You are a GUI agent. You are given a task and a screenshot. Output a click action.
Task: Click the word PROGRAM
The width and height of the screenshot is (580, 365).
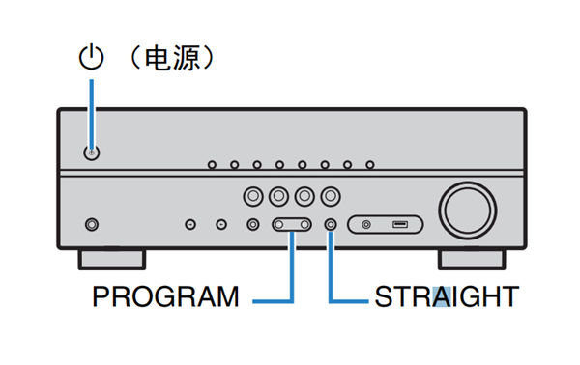[x=165, y=296]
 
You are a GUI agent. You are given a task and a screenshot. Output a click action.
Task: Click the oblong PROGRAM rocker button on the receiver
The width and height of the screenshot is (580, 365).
[x=291, y=225]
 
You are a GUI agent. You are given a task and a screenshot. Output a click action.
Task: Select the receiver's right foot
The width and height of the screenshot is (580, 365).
[x=471, y=258]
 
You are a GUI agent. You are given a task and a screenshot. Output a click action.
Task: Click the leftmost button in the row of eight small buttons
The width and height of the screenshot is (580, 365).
[x=212, y=164]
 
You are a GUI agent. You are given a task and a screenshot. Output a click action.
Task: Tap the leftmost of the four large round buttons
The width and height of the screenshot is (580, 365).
[x=252, y=196]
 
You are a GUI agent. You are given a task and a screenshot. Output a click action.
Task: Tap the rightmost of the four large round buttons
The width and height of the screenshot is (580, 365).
[x=331, y=196]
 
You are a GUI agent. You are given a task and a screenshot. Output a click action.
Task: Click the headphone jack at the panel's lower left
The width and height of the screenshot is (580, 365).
[x=92, y=225]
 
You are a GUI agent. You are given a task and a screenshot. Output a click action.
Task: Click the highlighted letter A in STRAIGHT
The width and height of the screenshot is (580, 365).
[x=441, y=296]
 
